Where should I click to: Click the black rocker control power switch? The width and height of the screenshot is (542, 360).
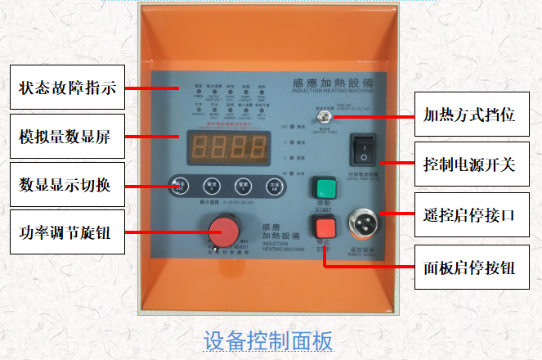coord(362,150)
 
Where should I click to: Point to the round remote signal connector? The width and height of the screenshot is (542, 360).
coord(362,221)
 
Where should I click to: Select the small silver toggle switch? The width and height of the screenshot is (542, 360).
coord(324,119)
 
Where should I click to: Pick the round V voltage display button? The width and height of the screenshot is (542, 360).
coord(243,184)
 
